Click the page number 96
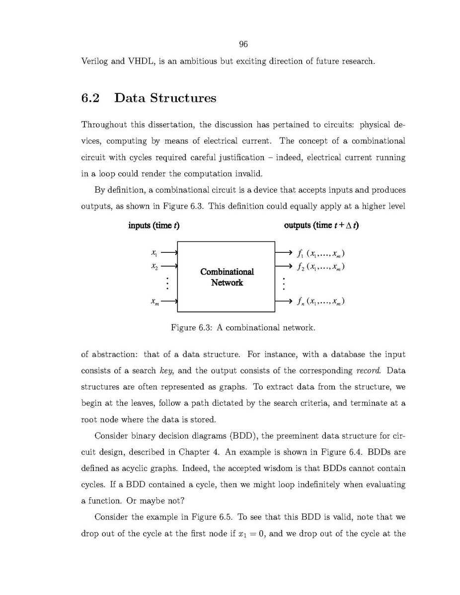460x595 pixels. pyautogui.click(x=243, y=45)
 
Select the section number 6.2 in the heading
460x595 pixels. pyautogui.click(x=90, y=98)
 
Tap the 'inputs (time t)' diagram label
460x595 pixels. pyautogui.click(x=153, y=225)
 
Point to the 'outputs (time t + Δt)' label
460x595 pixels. pyautogui.click(x=321, y=225)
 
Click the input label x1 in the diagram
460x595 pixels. pyautogui.click(x=154, y=252)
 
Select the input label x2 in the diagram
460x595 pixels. pyautogui.click(x=154, y=266)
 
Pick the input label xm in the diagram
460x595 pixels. pyautogui.click(x=154, y=301)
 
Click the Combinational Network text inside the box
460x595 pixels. pyautogui.click(x=227, y=277)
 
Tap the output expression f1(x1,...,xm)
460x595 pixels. pyautogui.click(x=320, y=254)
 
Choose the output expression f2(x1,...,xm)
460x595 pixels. pyautogui.click(x=320, y=267)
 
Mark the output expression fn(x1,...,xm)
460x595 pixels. pyautogui.click(x=320, y=301)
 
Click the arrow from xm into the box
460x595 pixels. pyautogui.click(x=169, y=301)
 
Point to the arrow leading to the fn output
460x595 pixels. pyautogui.click(x=283, y=301)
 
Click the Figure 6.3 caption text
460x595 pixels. pyautogui.click(x=243, y=328)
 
